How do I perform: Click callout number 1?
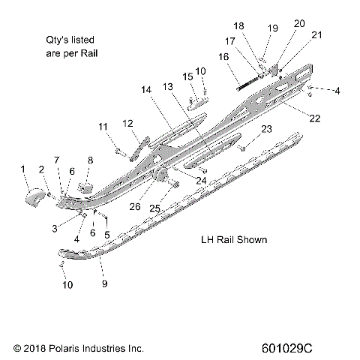[x=22, y=167]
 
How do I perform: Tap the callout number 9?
[x=104, y=285]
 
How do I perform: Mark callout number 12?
[x=127, y=122]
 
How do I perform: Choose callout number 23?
[x=265, y=129]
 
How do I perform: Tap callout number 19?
[x=272, y=28]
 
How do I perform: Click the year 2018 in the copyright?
[x=35, y=349]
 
